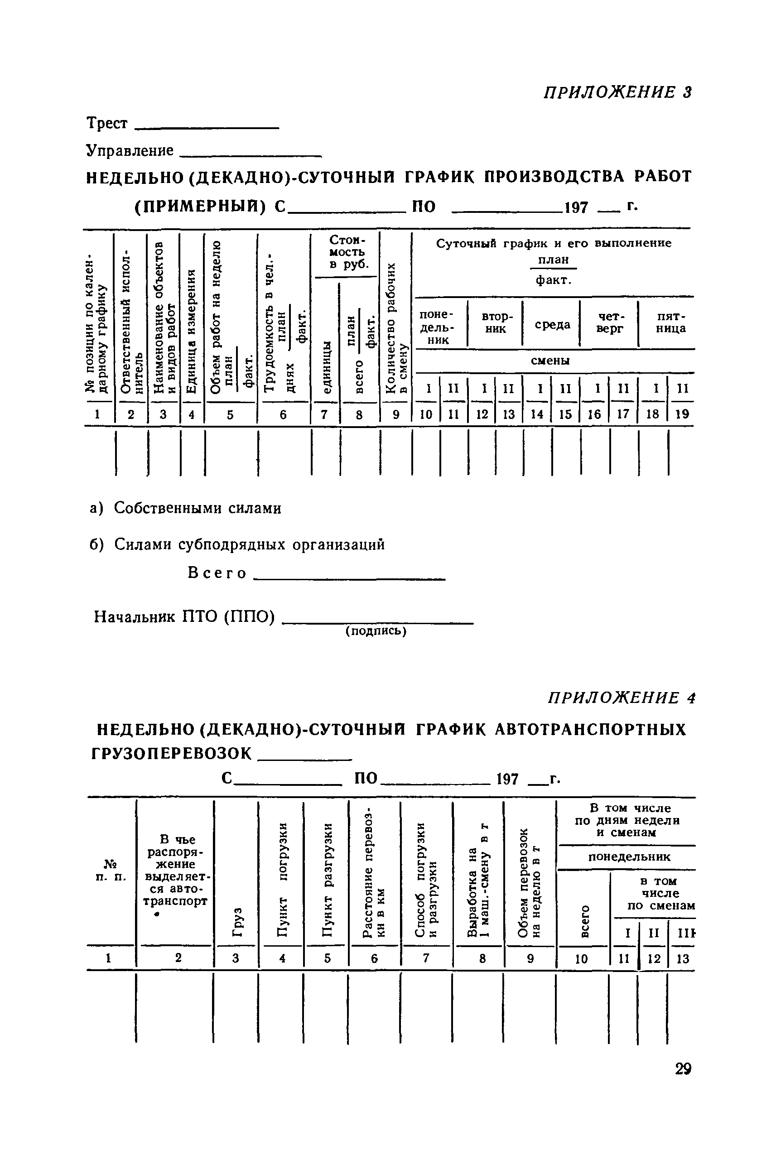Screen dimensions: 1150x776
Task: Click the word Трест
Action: [x=107, y=123]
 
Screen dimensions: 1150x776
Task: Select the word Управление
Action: [x=130, y=150]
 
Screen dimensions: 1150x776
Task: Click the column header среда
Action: [x=552, y=325]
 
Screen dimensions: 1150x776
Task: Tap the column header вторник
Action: [x=496, y=322]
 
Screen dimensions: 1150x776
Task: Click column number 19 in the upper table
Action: [x=682, y=414]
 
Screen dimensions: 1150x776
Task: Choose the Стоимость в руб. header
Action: [x=347, y=252]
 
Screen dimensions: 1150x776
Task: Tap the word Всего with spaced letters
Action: [x=217, y=573]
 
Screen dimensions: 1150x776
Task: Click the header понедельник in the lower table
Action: [x=629, y=856]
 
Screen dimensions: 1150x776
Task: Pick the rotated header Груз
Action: [x=237, y=921]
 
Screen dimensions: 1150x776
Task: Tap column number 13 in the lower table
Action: [x=683, y=958]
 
